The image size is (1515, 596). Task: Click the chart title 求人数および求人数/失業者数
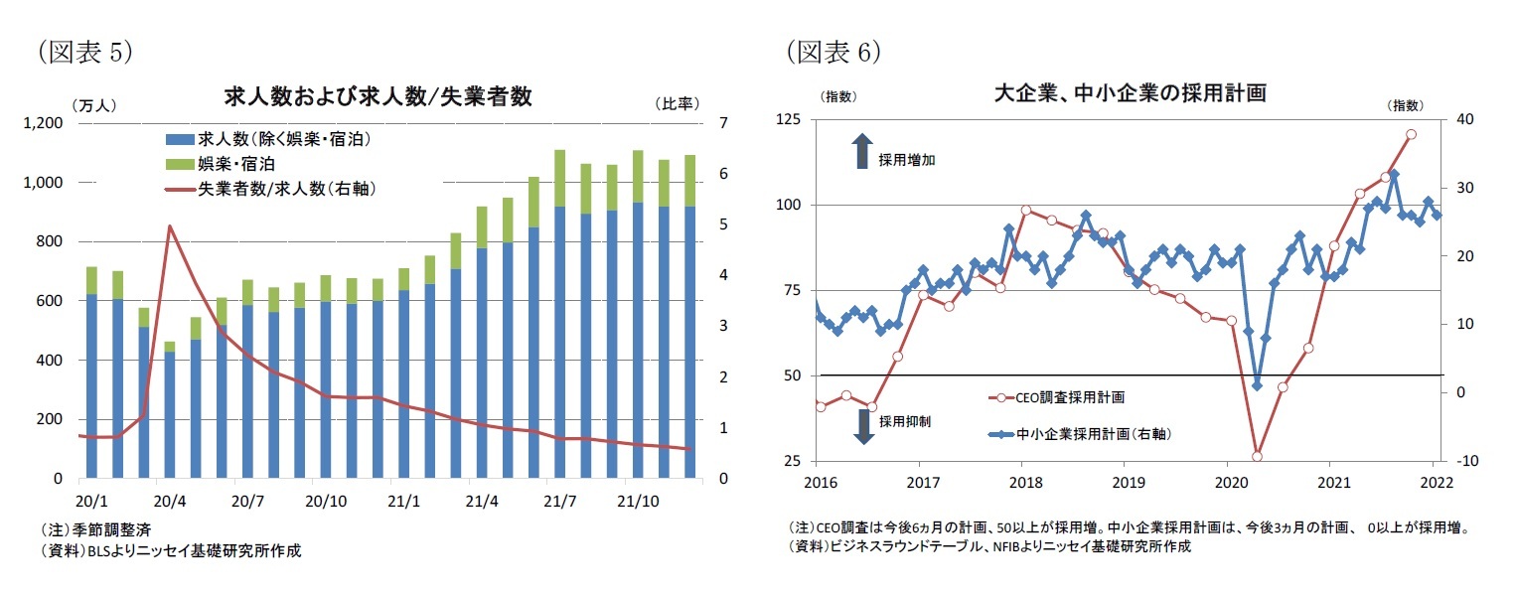379,96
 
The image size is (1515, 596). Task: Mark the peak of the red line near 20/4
170,226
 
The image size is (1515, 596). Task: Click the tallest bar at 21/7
559,314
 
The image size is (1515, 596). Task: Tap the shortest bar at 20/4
170,410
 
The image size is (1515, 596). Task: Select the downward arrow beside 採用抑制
862,424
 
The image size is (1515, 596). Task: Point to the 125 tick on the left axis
789,120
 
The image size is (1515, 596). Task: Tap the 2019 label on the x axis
1124,482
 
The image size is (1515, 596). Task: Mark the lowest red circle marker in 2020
1257,456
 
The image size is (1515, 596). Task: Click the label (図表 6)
833,53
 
